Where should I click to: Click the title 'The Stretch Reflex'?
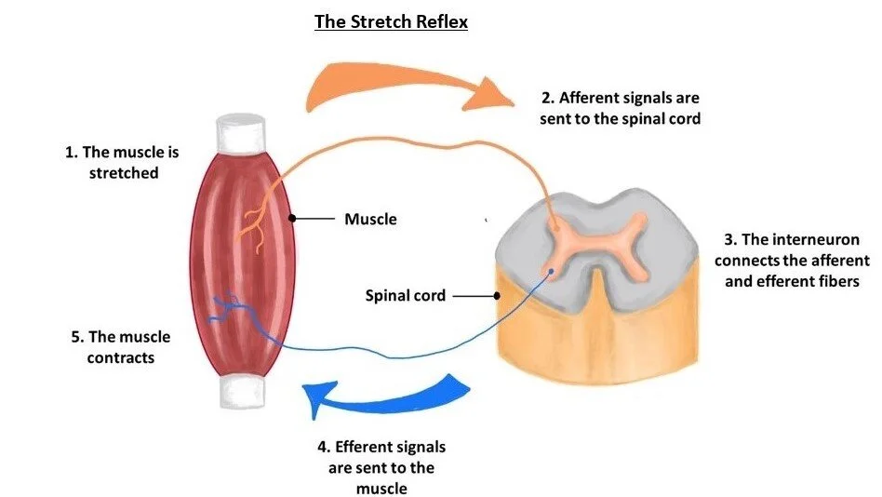390,21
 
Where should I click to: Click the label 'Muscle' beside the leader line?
370,220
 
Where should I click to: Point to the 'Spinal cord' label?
406,296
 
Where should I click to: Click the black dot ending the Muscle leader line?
292,220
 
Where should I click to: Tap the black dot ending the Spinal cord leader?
499,296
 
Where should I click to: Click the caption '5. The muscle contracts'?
121,347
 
